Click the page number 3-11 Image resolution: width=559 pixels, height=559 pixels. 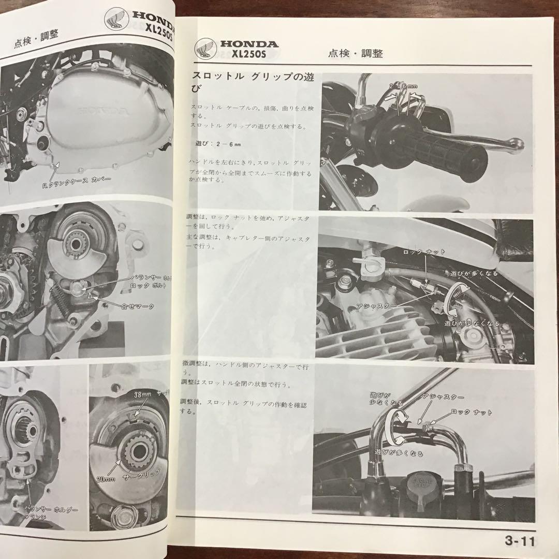tap(520, 542)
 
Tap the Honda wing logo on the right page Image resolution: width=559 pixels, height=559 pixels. tap(205, 50)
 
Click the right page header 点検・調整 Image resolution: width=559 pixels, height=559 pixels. tap(355, 53)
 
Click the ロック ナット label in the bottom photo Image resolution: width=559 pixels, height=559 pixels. tap(472, 413)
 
